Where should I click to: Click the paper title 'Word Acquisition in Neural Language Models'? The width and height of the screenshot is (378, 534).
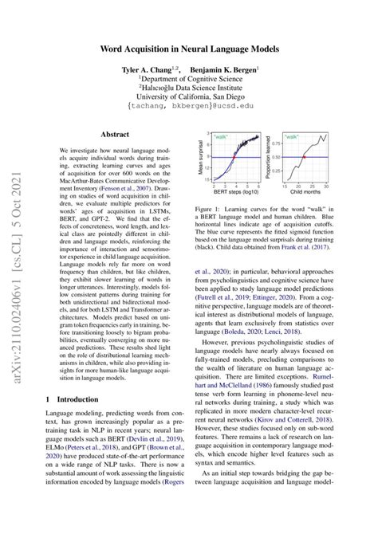189,49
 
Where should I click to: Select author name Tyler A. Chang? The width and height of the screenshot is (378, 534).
149,70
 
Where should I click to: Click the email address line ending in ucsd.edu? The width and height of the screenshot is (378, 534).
189,104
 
